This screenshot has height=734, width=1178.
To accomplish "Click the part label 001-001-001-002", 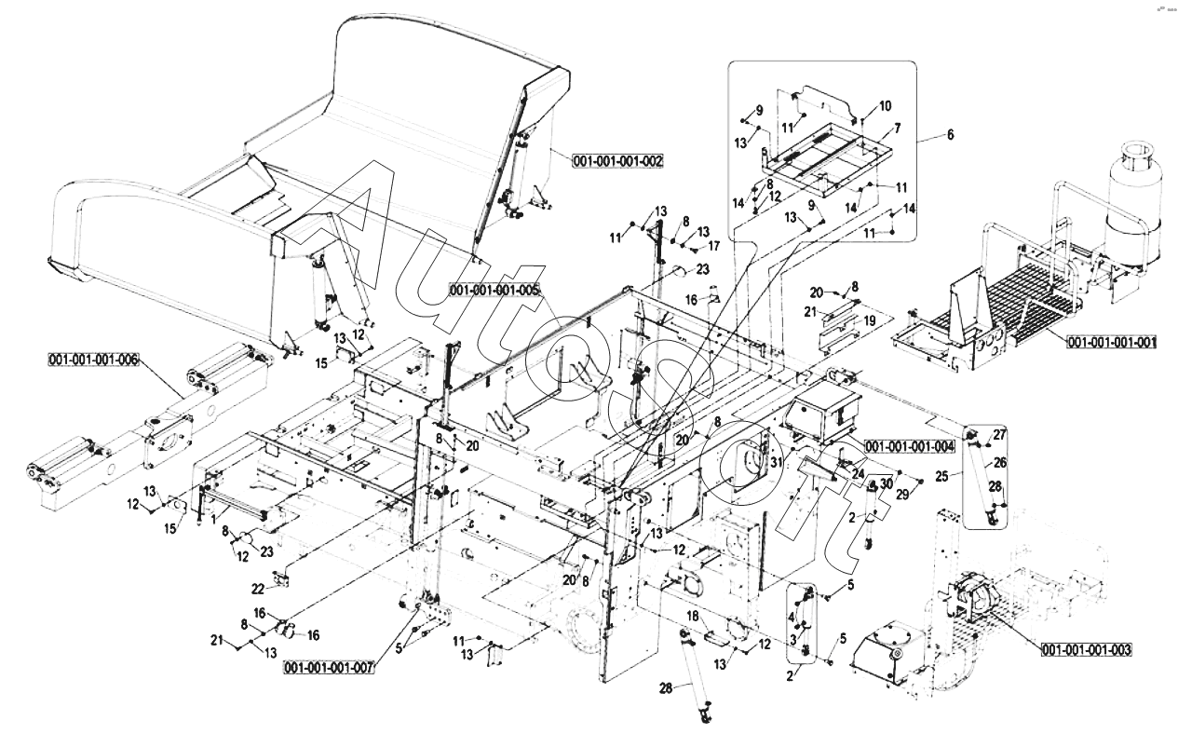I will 618,161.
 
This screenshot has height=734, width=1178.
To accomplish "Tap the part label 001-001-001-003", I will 1087,649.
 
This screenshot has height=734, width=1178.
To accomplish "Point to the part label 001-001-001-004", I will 909,446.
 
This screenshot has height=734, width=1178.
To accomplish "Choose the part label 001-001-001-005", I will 494,290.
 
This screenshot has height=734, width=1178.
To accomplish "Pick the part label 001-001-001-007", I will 330,667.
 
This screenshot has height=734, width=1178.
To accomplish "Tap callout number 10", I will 885,105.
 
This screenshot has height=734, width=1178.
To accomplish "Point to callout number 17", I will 715,247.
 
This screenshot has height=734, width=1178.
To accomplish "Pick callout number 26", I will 1000,462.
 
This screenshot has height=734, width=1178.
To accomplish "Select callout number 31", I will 774,461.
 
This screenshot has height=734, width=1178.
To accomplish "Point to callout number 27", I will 999,435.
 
